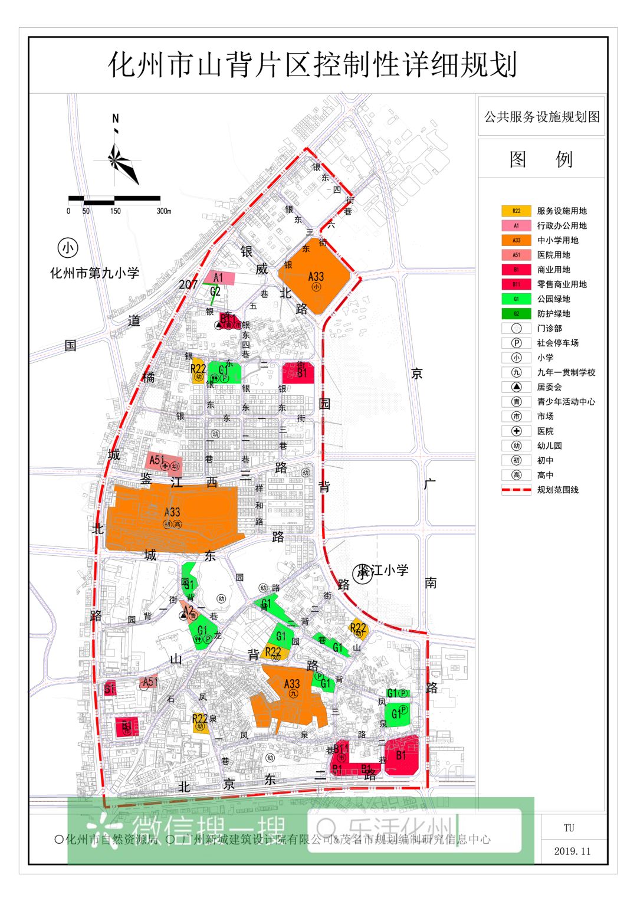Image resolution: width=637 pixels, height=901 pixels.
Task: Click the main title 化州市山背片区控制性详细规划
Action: (313, 65)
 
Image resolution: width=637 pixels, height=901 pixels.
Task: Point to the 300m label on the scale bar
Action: (163, 211)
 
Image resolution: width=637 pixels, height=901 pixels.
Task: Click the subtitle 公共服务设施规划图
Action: (541, 117)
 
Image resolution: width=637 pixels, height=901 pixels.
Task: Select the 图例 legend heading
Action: (541, 159)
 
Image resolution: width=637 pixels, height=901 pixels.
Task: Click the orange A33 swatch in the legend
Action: (516, 240)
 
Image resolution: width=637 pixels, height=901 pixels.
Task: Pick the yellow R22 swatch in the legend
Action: (516, 211)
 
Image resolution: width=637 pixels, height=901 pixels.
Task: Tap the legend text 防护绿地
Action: (553, 314)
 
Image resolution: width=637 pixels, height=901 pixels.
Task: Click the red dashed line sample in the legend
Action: (516, 490)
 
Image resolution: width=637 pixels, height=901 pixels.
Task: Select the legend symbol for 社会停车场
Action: (516, 343)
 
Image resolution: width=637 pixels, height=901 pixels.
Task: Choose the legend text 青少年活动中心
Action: (566, 402)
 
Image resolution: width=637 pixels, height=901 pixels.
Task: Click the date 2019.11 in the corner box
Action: (572, 851)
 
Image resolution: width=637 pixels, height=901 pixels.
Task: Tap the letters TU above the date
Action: (569, 828)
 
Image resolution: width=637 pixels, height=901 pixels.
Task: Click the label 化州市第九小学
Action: (94, 273)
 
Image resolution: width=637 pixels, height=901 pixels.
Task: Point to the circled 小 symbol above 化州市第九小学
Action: (68, 248)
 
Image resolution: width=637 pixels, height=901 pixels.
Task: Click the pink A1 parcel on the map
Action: (219, 278)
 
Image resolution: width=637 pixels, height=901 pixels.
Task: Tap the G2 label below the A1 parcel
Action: (215, 291)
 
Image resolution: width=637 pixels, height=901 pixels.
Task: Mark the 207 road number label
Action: (188, 284)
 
